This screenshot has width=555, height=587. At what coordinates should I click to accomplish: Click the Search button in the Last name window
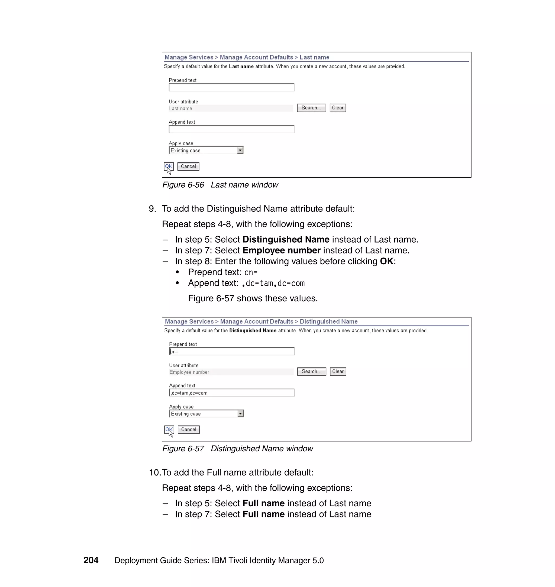[x=311, y=108]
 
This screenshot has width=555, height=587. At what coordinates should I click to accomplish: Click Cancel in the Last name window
[x=188, y=167]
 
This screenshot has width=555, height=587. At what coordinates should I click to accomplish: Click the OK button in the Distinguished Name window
[x=169, y=429]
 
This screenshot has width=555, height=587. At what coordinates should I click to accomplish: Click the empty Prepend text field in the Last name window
[x=231, y=87]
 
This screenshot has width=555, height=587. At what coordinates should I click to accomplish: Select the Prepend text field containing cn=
[x=231, y=351]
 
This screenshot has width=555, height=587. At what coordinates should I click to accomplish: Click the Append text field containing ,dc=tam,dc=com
[x=231, y=393]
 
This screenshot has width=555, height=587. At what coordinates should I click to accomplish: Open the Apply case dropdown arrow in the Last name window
[x=240, y=151]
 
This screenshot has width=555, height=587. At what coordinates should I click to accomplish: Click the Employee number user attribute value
[x=189, y=372]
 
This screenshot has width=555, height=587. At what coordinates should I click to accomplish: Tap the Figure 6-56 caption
[x=220, y=185]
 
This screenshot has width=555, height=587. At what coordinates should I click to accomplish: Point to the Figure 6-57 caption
[x=237, y=449]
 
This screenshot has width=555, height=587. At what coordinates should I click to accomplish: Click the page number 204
[x=91, y=560]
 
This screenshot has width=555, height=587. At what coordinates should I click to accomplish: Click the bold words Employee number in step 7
[x=281, y=250]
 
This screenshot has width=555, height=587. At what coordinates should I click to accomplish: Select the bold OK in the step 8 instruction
[x=386, y=261]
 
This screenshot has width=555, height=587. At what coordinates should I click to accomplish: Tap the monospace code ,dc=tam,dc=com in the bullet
[x=273, y=283]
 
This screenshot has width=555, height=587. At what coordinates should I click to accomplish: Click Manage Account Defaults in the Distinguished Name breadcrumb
[x=256, y=321]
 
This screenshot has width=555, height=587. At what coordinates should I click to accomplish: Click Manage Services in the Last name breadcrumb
[x=189, y=57]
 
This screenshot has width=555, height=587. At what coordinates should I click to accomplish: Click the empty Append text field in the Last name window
[x=231, y=129]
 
